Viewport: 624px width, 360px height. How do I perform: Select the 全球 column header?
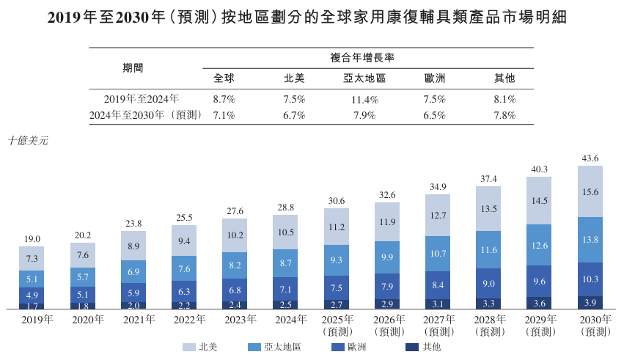[224, 78]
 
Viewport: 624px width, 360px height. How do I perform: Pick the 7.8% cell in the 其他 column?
[504, 115]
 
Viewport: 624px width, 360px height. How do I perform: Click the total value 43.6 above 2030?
[590, 158]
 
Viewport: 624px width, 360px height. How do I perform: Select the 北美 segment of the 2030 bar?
[590, 191]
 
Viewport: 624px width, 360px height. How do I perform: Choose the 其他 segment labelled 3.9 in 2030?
[590, 302]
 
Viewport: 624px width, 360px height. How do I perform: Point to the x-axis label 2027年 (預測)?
[438, 326]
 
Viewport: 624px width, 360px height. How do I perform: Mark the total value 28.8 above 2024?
[285, 208]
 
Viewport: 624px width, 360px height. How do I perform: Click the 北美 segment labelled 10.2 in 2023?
[235, 235]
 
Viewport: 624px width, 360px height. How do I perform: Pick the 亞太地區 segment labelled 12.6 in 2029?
[540, 245]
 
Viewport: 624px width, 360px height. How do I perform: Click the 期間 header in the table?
[133, 67]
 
